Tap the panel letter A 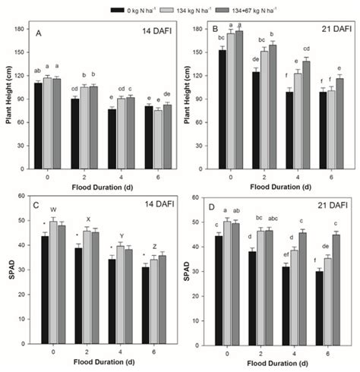click(x=39, y=33)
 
